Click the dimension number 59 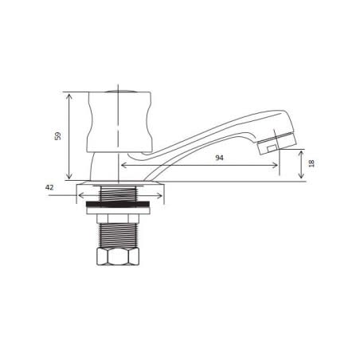click(58, 135)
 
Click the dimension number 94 click(219, 158)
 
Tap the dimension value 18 click(311, 163)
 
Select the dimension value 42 click(49, 187)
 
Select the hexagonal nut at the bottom click(119, 256)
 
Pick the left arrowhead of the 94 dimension click(123, 166)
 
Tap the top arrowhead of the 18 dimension click(301, 152)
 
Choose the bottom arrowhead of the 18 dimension click(301, 178)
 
